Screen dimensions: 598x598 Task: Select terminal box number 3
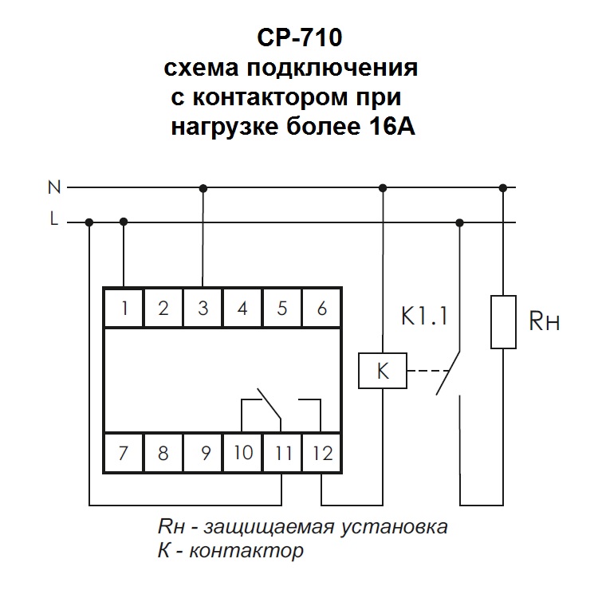(203, 308)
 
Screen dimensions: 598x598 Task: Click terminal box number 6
(322, 308)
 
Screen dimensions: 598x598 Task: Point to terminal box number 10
(243, 454)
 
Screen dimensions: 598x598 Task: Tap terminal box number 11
(283, 454)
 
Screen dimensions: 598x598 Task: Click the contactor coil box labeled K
(382, 371)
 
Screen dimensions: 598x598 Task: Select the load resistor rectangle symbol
(502, 321)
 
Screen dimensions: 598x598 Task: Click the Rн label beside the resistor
(545, 322)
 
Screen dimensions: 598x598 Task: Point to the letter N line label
(54, 188)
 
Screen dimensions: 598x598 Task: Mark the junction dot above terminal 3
(203, 188)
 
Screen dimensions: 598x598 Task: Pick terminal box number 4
(243, 308)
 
